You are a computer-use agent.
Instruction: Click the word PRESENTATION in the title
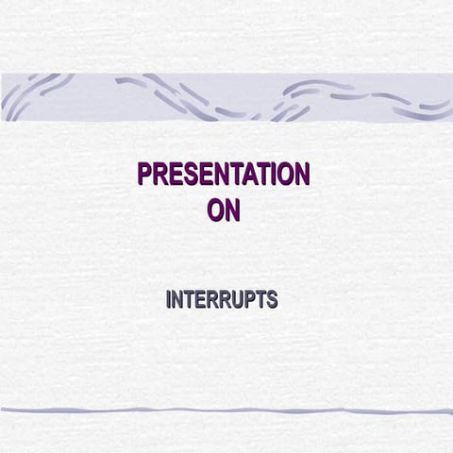pyautogui.click(x=223, y=176)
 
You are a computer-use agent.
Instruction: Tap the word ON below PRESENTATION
pyautogui.click(x=224, y=210)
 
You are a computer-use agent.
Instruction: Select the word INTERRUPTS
pyautogui.click(x=222, y=301)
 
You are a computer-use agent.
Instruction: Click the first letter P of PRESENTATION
pyautogui.click(x=145, y=176)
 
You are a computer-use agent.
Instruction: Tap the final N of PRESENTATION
pyautogui.click(x=300, y=176)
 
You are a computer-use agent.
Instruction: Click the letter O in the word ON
pyautogui.click(x=215, y=210)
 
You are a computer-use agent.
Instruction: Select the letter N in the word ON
pyautogui.click(x=232, y=210)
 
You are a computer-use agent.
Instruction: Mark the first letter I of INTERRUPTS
pyautogui.click(x=169, y=301)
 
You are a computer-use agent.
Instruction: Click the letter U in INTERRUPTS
pyautogui.click(x=237, y=301)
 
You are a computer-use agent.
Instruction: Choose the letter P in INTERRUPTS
pyautogui.click(x=249, y=301)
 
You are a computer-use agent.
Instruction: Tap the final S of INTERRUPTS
pyautogui.click(x=272, y=301)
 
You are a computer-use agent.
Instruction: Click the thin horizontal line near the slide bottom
pyautogui.click(x=226, y=411)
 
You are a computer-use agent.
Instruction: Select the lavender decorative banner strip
pyautogui.click(x=226, y=97)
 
